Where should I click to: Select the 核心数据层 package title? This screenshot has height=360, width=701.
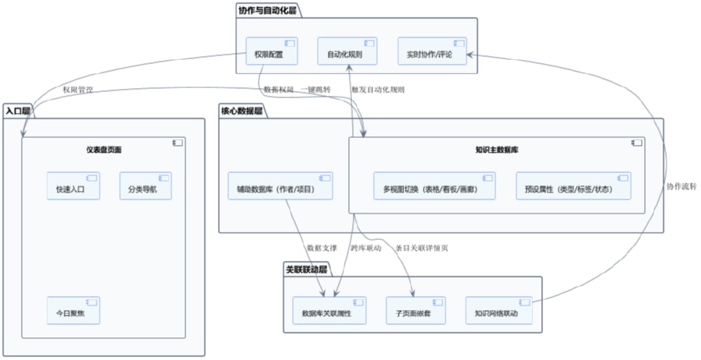point(242,111)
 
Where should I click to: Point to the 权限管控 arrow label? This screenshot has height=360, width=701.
point(78,90)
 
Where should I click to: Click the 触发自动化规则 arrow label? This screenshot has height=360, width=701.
point(378,90)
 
